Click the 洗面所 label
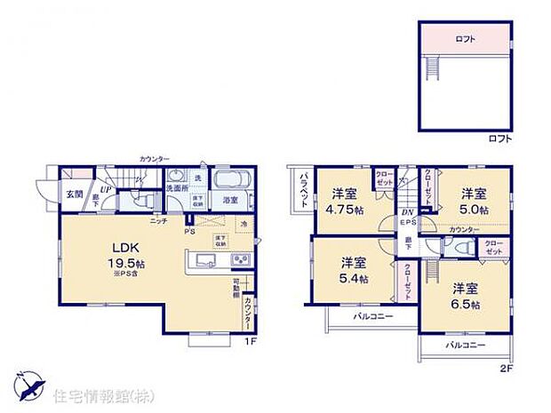click(x=173, y=188)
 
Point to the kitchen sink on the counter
click(x=203, y=260)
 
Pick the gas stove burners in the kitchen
click(x=241, y=259)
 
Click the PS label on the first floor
click(x=189, y=232)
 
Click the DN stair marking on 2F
click(x=407, y=211)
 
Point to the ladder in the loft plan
click(x=434, y=67)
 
